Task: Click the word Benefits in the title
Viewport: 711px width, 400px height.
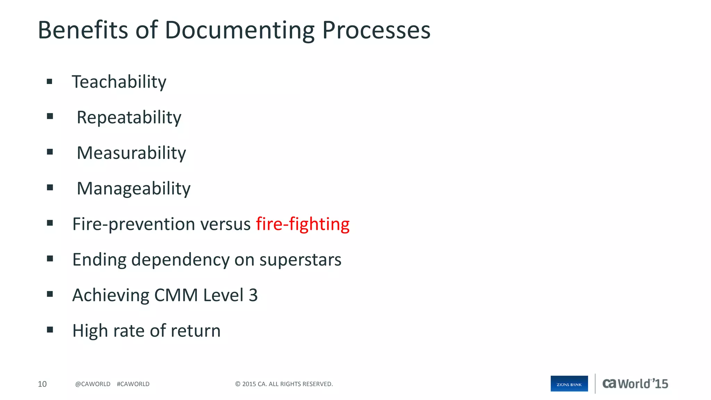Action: [83, 30]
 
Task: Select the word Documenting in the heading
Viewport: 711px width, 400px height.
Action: [239, 31]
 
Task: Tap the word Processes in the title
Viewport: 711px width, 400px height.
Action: [376, 30]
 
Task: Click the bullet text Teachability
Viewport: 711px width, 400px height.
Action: [119, 82]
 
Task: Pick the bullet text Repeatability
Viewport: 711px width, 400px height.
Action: [129, 118]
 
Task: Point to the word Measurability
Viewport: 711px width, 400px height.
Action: [131, 153]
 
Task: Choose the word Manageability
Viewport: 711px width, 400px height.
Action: [133, 189]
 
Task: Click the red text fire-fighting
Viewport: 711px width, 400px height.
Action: [303, 224]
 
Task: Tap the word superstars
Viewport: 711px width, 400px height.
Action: [300, 260]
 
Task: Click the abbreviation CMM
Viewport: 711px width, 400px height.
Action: [176, 295]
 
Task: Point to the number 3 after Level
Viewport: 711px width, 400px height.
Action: [253, 295]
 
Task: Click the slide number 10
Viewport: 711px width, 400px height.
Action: [42, 384]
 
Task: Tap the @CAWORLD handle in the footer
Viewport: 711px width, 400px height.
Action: [93, 384]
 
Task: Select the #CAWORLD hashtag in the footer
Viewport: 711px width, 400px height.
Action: [133, 384]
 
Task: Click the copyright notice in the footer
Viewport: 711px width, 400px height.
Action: [284, 384]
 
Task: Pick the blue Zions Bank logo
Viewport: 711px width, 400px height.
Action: [569, 384]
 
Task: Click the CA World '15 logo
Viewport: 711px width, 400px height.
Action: [635, 384]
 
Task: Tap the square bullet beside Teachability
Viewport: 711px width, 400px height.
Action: [50, 82]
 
